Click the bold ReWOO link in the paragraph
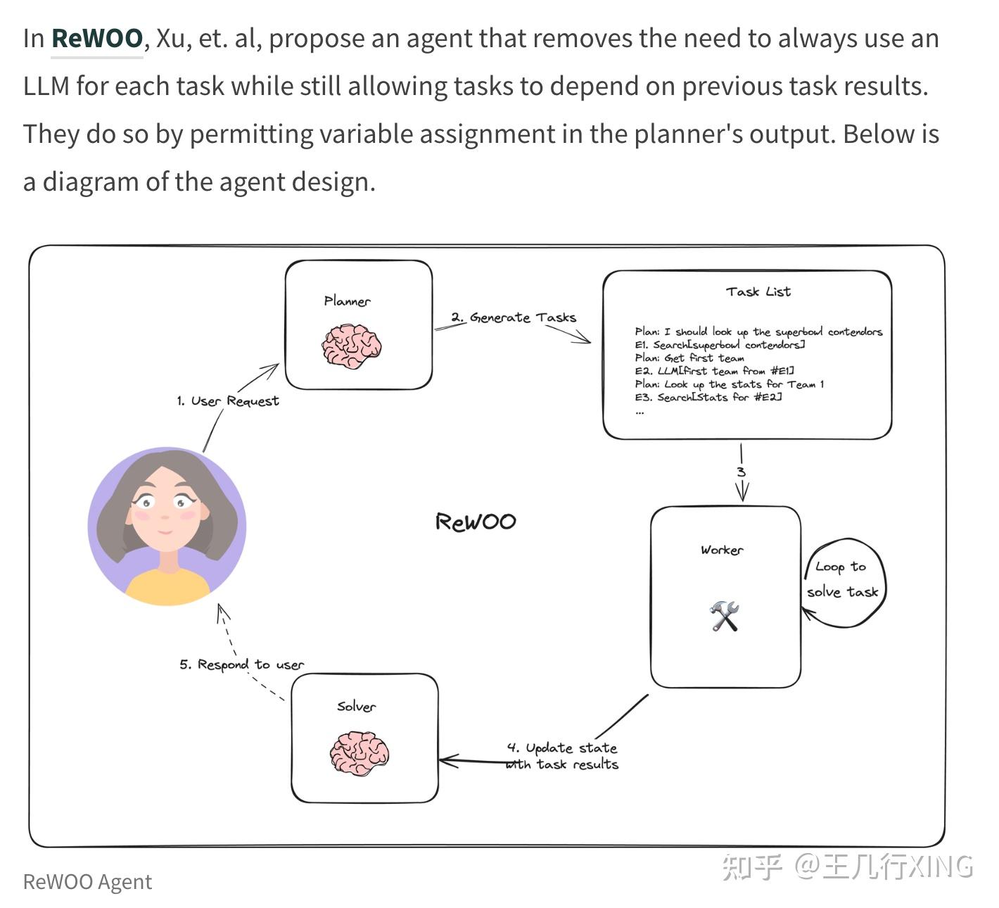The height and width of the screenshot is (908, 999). click(97, 38)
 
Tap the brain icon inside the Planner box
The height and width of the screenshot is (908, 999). click(351, 346)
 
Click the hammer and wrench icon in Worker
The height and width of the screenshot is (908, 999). click(724, 616)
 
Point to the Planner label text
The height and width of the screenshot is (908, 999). click(347, 301)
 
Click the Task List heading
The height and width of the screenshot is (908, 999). click(758, 291)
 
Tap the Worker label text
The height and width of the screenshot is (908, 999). click(721, 550)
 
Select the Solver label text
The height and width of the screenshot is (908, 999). click(356, 706)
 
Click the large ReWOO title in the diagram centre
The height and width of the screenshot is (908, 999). click(476, 522)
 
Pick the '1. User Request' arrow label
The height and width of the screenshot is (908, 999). click(227, 401)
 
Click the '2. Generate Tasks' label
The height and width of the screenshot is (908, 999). click(514, 317)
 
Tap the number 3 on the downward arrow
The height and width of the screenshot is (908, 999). click(741, 472)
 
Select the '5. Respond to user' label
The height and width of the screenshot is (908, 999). click(241, 664)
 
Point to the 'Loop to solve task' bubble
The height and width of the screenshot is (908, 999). click(843, 579)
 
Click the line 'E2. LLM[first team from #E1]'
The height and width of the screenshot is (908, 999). click(714, 371)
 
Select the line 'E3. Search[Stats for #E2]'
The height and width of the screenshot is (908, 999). click(708, 397)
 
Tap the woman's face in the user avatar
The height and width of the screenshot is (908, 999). click(165, 510)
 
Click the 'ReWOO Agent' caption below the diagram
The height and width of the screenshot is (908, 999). click(87, 882)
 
